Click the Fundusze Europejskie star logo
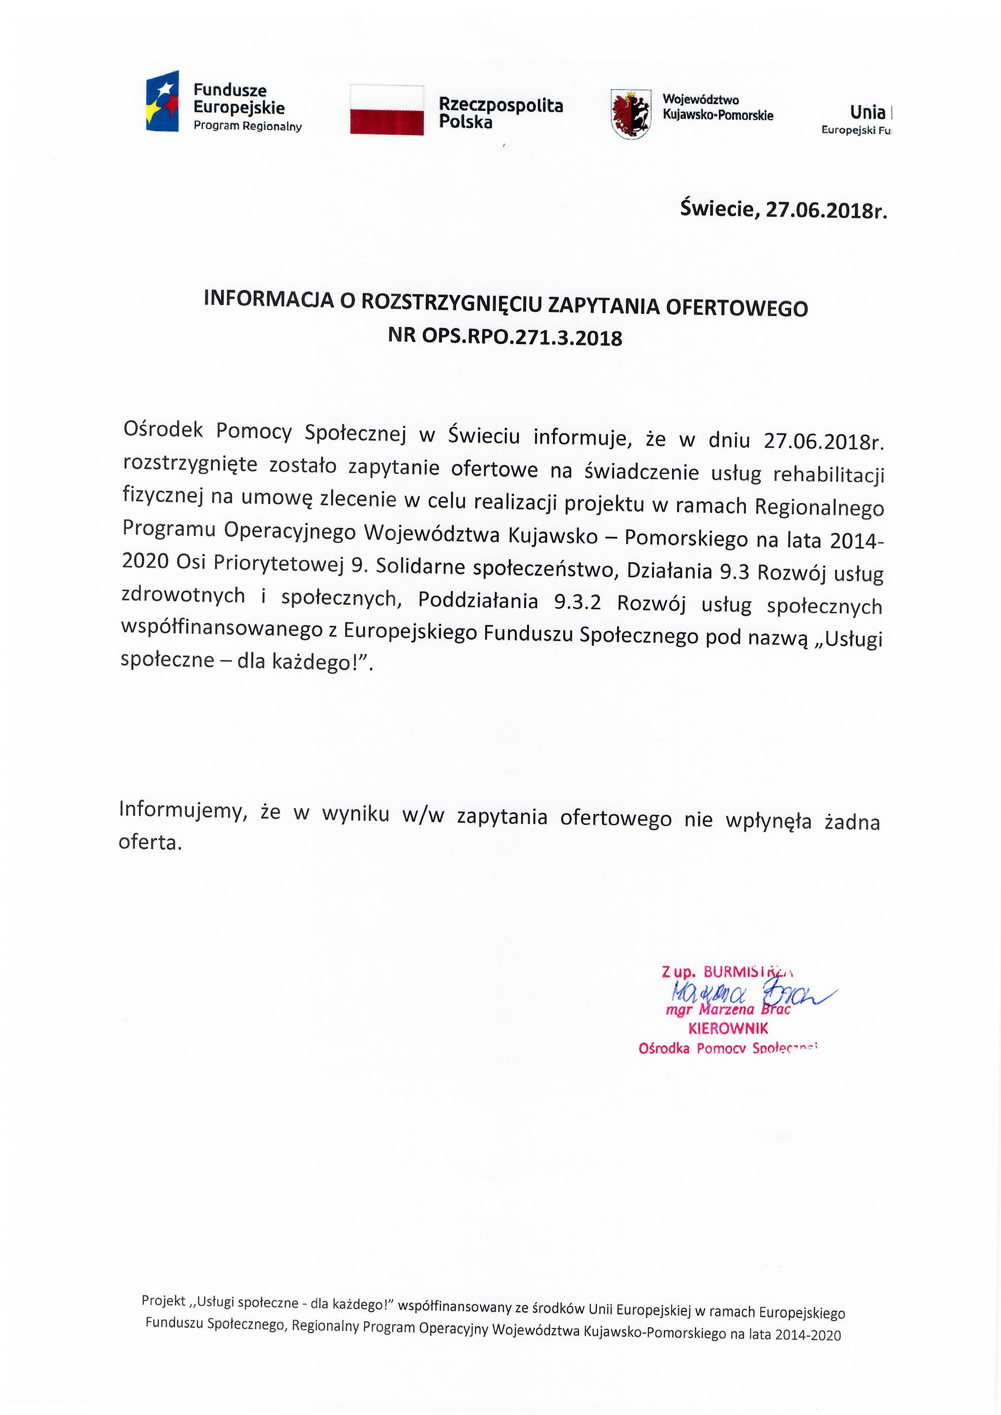(x=162, y=100)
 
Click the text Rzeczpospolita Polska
(x=500, y=113)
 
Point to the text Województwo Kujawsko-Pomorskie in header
(x=718, y=108)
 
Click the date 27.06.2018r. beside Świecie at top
(x=826, y=210)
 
